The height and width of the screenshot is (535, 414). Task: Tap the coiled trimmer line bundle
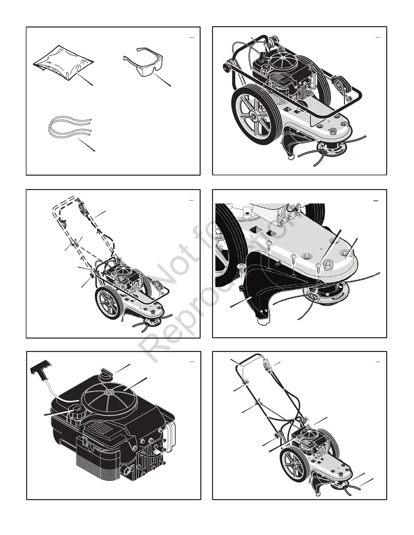pyautogui.click(x=69, y=127)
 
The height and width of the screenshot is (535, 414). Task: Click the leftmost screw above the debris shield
pyautogui.click(x=242, y=267)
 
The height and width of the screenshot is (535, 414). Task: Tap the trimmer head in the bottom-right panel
pyautogui.click(x=341, y=483)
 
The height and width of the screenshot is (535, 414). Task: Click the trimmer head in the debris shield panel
pyautogui.click(x=322, y=293)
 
